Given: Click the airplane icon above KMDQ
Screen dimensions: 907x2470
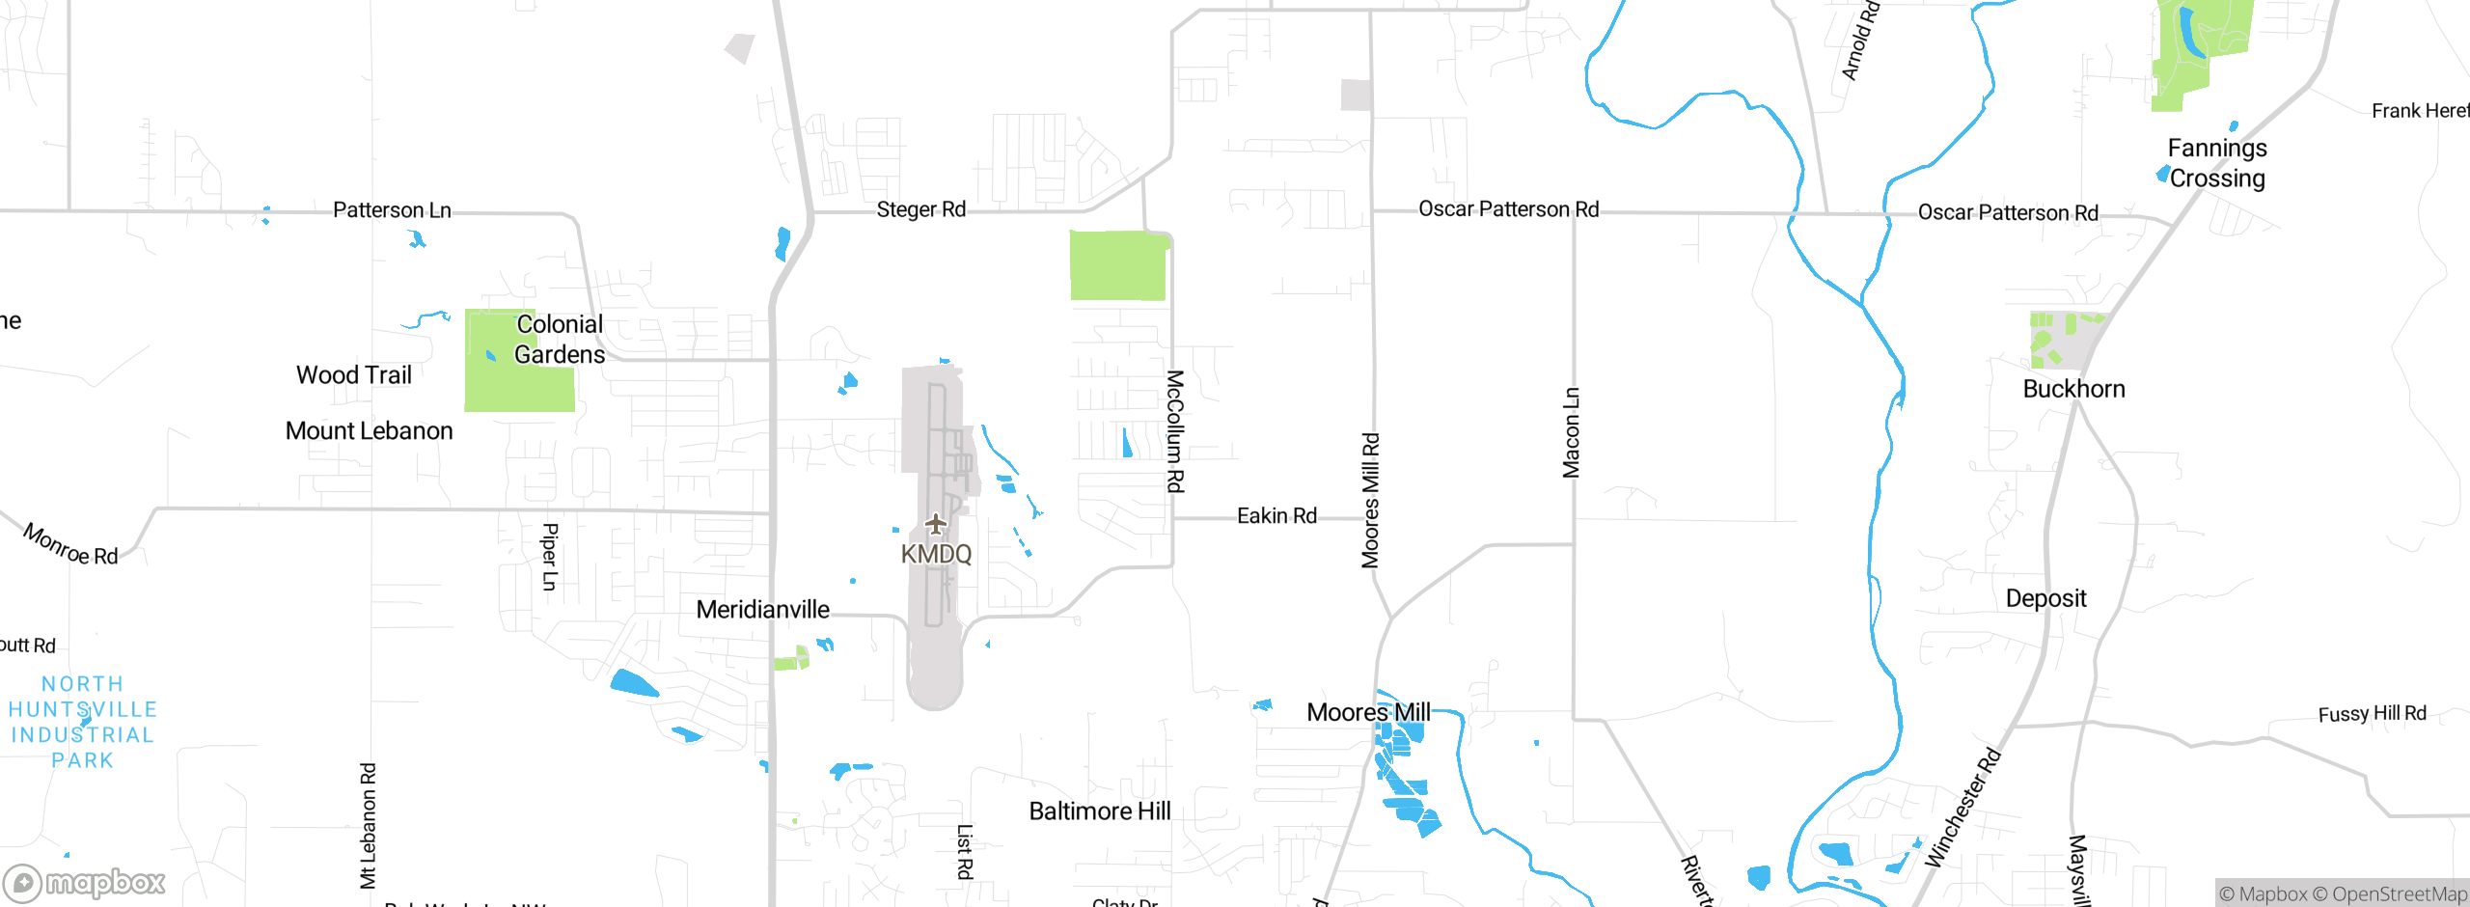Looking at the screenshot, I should tap(935, 524).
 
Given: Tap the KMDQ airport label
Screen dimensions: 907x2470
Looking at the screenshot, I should tap(936, 554).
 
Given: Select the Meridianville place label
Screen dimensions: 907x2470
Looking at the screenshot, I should tap(762, 610).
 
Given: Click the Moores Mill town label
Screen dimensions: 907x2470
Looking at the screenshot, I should tap(1368, 713).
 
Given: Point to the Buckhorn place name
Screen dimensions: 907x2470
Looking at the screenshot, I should tap(2073, 389).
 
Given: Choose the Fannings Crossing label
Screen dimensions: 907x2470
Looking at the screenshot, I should tap(2217, 163).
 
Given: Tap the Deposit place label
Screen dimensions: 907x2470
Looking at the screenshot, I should tap(2045, 598).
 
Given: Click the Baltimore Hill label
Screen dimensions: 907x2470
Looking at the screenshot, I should tap(1100, 811).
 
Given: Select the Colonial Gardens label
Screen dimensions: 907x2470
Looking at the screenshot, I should tap(560, 340).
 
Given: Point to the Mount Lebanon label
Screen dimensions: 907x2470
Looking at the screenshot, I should tap(369, 431).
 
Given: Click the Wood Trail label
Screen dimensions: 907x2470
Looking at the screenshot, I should tap(354, 375).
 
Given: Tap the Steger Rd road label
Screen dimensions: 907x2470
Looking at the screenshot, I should tap(920, 209).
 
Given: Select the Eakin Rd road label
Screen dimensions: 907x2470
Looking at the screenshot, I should tap(1276, 516).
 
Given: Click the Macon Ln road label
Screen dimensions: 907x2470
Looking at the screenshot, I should tap(1572, 432).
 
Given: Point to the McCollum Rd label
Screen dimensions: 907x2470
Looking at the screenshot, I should tap(1175, 430).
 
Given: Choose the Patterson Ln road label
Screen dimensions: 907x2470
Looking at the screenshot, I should tap(392, 210).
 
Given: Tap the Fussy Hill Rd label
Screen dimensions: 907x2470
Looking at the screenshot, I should tap(2372, 714).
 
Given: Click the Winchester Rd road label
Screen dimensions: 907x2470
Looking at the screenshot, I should tap(1962, 808).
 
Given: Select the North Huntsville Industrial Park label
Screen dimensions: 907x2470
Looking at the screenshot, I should tap(82, 722).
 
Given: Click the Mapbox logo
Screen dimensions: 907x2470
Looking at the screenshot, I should tap(85, 883).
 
